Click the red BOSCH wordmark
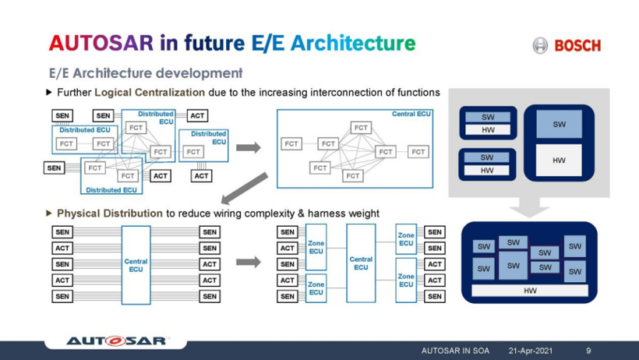pos(577,45)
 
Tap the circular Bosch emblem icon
pos(540,45)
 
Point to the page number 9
pos(588,351)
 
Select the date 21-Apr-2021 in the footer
pos(530,351)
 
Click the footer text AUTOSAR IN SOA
pos(455,351)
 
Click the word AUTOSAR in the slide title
pos(101,43)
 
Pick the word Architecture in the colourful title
pos(353,43)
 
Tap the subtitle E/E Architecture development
pos(146,73)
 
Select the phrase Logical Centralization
pos(150,93)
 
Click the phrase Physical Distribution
pos(110,214)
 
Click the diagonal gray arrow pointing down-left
pos(245,188)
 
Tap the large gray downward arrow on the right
pos(529,207)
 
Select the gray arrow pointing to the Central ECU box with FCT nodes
pos(248,147)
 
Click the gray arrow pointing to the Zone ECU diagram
pos(248,261)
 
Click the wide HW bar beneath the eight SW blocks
pos(530,291)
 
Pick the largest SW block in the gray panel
pos(560,124)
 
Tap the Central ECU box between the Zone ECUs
pos(361,263)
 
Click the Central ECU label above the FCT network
pos(411,114)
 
